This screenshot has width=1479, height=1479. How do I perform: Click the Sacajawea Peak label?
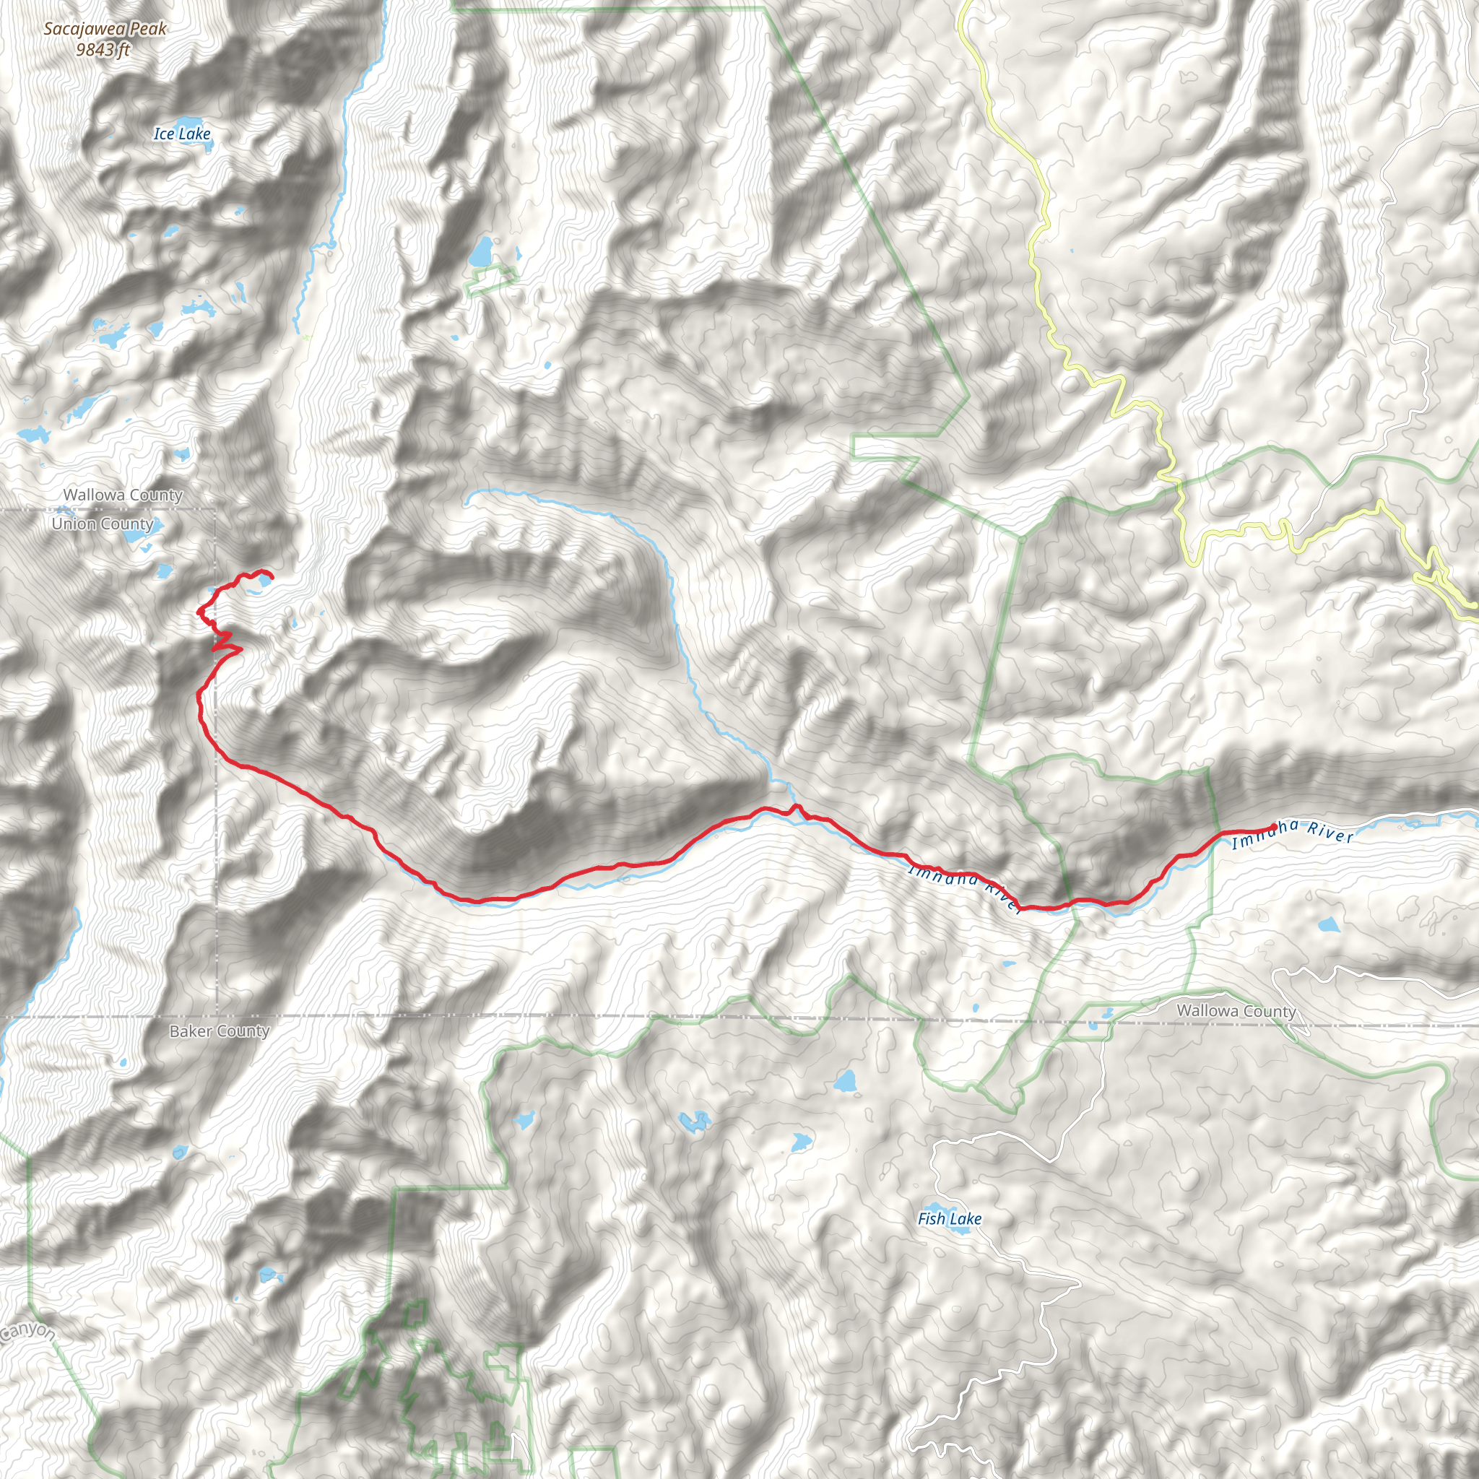pos(105,29)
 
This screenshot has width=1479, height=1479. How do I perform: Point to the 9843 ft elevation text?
pos(103,50)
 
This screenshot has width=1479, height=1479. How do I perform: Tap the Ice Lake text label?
pos(181,134)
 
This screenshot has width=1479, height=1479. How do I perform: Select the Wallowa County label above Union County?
pos(123,495)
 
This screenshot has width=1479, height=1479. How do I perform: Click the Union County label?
pos(103,524)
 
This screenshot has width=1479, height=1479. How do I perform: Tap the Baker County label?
pos(219,1031)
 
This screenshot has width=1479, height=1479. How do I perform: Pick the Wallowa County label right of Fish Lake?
pos(1236,1010)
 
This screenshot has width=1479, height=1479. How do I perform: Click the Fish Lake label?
pos(949,1219)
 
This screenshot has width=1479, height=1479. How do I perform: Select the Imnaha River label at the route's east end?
pos(1292,833)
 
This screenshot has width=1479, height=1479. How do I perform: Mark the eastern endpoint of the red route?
pos(1273,825)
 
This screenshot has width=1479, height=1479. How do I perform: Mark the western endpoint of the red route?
pos(272,576)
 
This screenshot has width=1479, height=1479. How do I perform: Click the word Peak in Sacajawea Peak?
pos(149,29)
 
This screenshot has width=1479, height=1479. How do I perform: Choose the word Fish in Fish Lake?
pos(930,1219)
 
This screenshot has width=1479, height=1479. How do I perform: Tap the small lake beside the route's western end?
pos(263,581)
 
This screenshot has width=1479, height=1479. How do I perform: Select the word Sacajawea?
pos(85,29)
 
